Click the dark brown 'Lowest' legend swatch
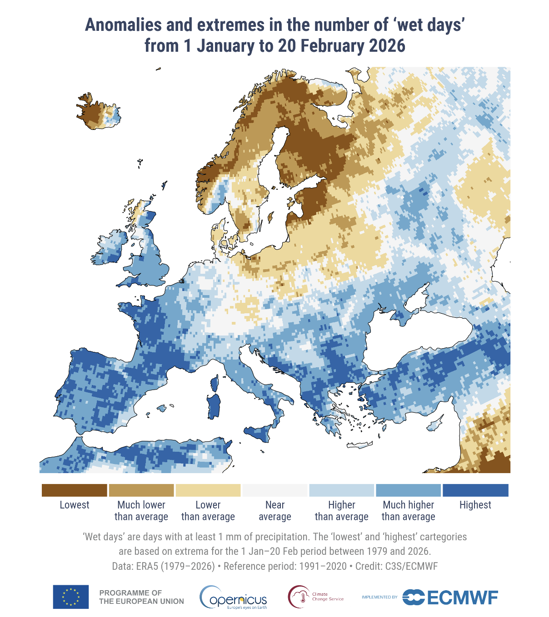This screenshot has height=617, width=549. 74,490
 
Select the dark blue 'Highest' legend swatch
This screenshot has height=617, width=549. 475,490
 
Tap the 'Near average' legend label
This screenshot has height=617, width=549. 274,511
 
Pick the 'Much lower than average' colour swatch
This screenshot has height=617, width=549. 141,490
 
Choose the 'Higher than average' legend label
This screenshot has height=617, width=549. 341,511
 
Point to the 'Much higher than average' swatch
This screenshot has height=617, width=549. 408,490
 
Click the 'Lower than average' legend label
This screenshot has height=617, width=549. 208,511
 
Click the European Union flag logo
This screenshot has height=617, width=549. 71,597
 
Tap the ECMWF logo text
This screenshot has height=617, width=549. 462,597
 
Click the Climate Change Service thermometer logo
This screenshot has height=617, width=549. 300,597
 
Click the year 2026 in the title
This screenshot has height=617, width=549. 387,46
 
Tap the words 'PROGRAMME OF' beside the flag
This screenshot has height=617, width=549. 130,592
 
